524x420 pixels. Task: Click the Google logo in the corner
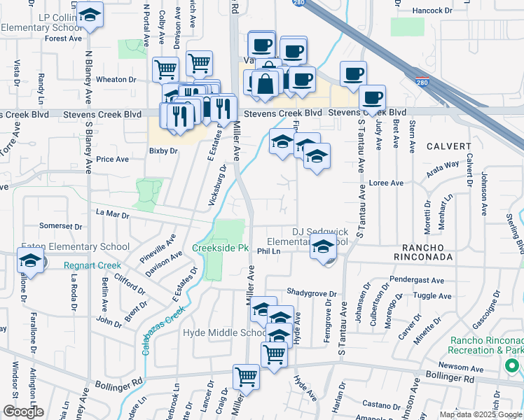(x=22, y=412)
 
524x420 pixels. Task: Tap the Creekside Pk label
(x=221, y=248)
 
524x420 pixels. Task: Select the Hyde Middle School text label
(x=225, y=333)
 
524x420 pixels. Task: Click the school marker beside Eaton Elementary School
(x=30, y=261)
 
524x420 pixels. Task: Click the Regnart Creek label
(x=92, y=265)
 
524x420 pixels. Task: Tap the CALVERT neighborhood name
(x=448, y=146)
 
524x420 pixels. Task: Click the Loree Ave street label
(x=387, y=183)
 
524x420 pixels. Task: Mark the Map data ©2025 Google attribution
(x=481, y=414)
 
